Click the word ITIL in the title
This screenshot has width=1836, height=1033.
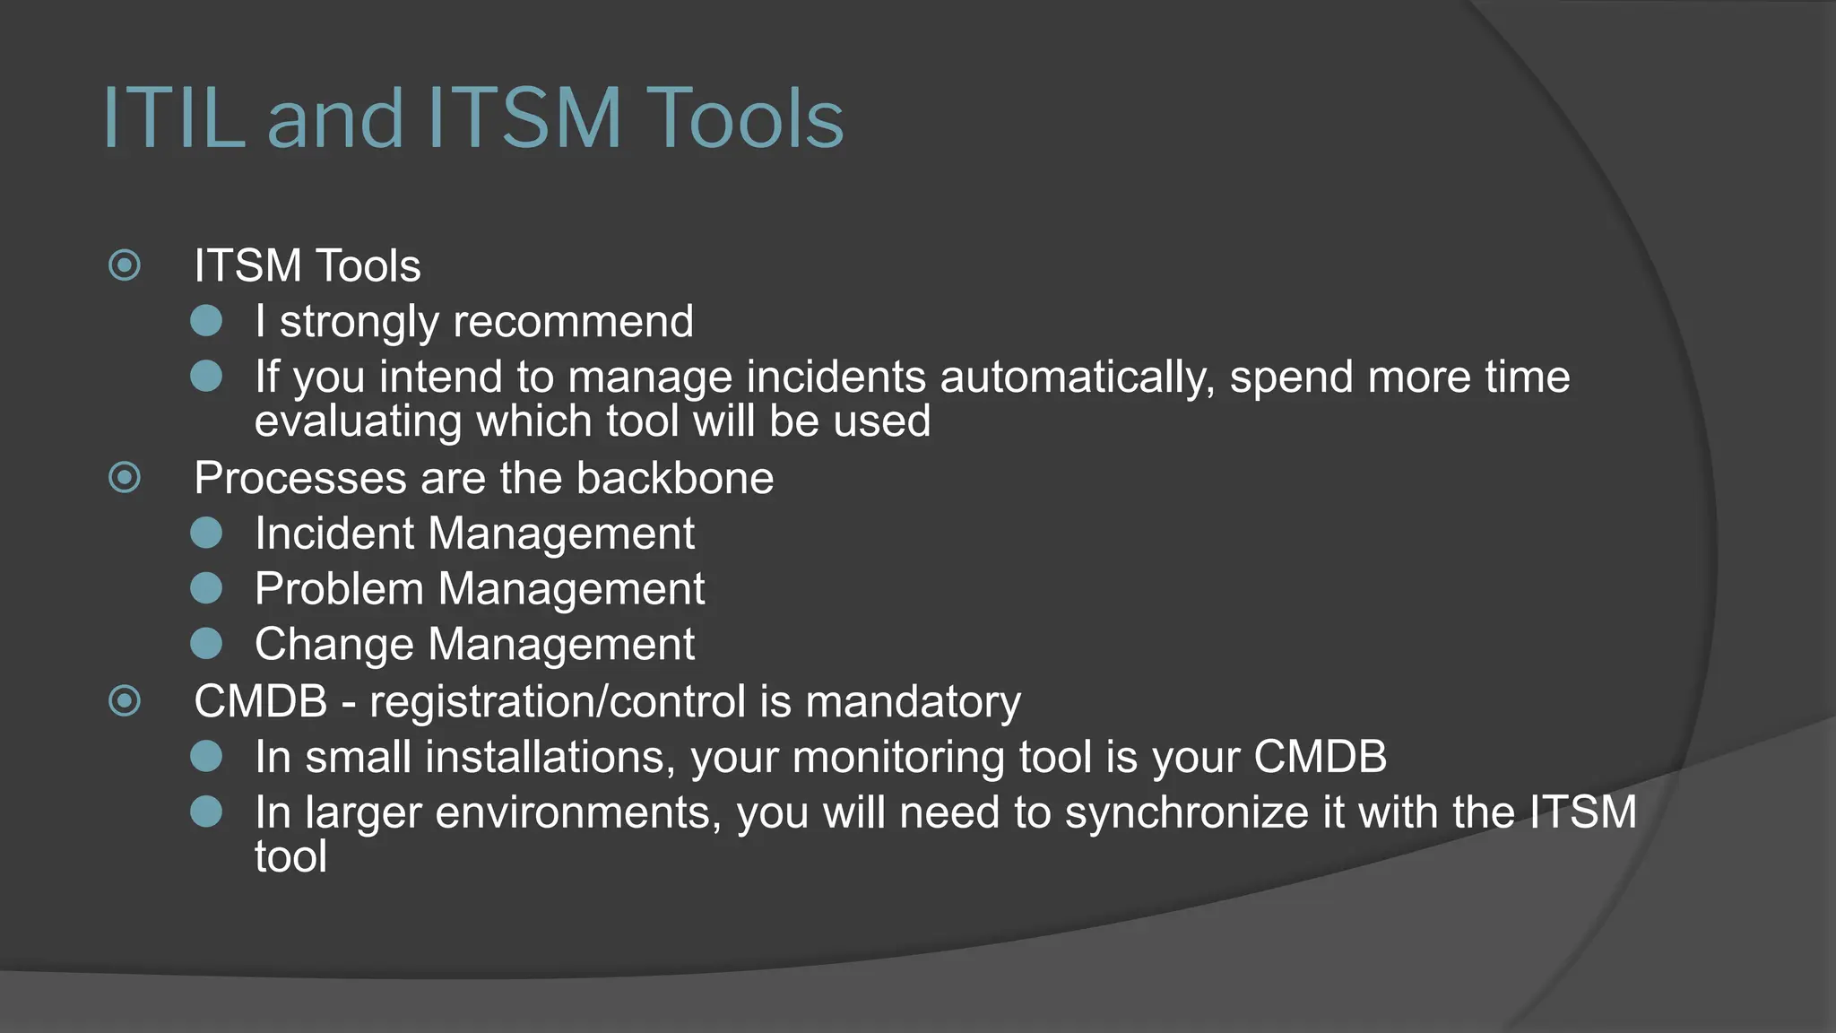(x=174, y=117)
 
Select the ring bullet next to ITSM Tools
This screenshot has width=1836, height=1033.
(x=125, y=265)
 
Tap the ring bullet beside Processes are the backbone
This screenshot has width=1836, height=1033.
(x=125, y=477)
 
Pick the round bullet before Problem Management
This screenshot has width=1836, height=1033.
(x=206, y=588)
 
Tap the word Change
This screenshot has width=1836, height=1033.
(x=334, y=645)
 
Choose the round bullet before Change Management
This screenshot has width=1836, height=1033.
(x=206, y=644)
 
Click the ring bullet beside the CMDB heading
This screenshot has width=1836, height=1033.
(x=125, y=700)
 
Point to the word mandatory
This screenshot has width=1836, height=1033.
(x=913, y=701)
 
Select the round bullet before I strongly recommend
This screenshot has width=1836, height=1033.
(x=206, y=321)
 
